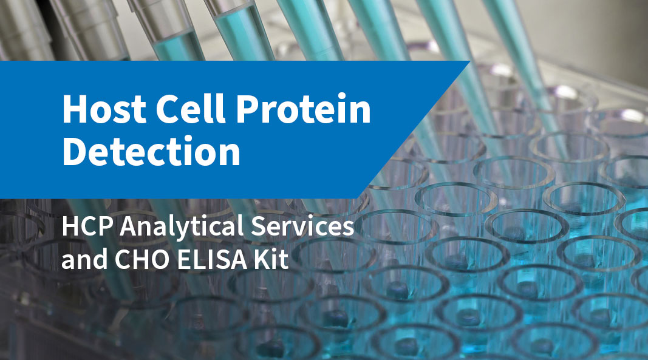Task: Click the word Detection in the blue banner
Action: (151, 152)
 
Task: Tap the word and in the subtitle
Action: (82, 261)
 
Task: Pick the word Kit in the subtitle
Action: (273, 261)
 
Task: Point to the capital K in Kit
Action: (265, 261)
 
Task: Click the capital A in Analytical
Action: (129, 228)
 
